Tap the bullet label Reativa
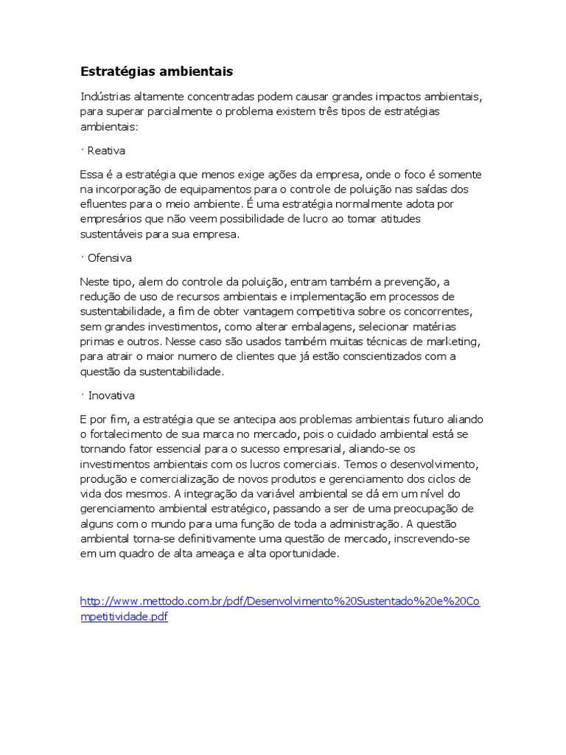click(106, 150)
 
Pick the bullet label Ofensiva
click(109, 258)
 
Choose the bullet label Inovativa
click(111, 396)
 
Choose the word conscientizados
click(385, 357)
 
